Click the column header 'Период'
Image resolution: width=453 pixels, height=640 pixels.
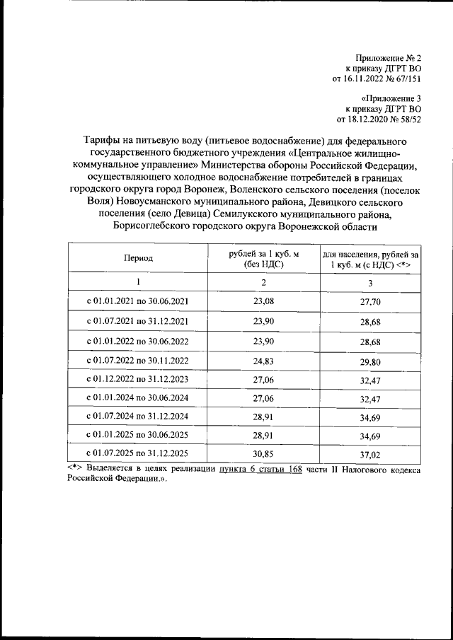(x=138, y=260)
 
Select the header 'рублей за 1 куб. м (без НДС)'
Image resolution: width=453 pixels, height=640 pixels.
(x=263, y=260)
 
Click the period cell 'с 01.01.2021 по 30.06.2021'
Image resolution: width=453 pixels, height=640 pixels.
(x=138, y=301)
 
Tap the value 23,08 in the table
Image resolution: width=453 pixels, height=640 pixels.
(x=263, y=301)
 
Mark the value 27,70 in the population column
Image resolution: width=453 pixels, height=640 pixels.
(x=370, y=301)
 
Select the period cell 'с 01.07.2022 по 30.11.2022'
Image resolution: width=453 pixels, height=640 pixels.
(x=138, y=361)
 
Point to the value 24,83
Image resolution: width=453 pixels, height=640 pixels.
(x=263, y=361)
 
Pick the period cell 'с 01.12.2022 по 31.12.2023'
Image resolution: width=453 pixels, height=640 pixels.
(x=138, y=379)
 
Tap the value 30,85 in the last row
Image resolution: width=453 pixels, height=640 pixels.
(x=263, y=453)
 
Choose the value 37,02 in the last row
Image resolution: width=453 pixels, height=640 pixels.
(x=370, y=453)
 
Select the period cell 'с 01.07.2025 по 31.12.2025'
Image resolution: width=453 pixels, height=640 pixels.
(x=138, y=453)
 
